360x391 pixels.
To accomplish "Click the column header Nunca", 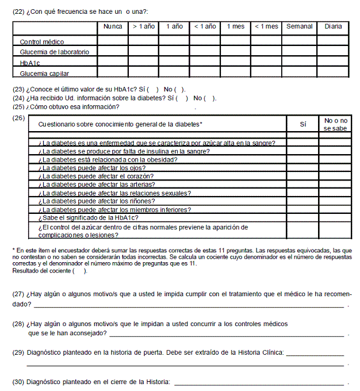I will [113, 26].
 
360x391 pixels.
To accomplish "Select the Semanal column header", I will [299, 26].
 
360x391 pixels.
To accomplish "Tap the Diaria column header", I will [332, 26].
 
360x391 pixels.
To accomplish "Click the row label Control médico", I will [42, 42].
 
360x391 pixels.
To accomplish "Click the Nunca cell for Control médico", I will [113, 41].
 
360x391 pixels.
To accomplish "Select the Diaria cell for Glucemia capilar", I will [332, 73].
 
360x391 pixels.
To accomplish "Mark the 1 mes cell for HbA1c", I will [236, 62].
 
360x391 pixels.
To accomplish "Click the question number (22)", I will [18, 11].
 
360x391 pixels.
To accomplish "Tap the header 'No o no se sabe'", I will [335, 124].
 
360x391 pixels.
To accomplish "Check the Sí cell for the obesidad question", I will [303, 160].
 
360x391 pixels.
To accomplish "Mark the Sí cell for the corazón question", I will [303, 176].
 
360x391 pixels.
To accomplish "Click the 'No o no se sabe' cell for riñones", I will [335, 201].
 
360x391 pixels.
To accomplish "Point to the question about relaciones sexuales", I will [114, 193].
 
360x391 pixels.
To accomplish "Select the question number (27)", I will [18, 294].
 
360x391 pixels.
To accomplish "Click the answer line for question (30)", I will [259, 382].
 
